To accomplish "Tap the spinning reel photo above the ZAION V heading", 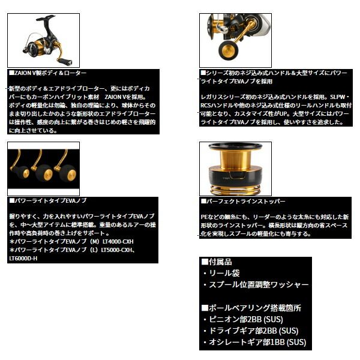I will pyautogui.click(x=43, y=40).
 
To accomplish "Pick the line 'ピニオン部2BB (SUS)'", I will pyautogui.click(x=253, y=319).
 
